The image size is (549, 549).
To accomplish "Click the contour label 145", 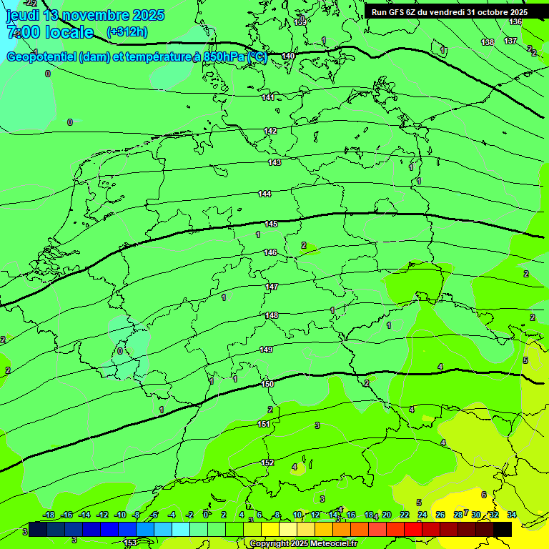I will pos(271,224).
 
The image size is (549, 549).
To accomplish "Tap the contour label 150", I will pos(267,384).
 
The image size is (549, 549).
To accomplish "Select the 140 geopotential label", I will pos(288,56).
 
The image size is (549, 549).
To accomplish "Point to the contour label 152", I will pos(267,463).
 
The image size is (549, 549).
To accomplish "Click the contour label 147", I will pos(272,287).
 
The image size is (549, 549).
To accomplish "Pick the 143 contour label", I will pos(274,162).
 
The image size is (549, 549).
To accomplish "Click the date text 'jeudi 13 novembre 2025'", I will pos(84,15).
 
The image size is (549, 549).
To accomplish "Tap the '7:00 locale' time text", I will pos(49,32).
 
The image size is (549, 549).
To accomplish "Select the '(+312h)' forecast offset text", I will pos(127,32).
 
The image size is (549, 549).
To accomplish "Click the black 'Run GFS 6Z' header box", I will pos(449,12).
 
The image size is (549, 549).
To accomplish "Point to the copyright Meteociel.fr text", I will pos(302,543).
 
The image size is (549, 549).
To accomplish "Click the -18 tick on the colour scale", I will pos(49,515).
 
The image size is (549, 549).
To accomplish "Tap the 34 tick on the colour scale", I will pos(511,515).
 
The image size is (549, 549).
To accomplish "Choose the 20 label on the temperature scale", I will pos(386,515).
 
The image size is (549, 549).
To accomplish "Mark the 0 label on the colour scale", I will pos(206,515).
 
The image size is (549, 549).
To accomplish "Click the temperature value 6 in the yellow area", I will pos(484,495).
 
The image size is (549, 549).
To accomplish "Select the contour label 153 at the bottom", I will pos(130,543).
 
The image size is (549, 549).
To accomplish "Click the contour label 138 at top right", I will pos(488,43).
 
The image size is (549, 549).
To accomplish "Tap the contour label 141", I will pos(268,97).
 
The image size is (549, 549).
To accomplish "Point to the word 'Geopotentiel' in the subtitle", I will pos(41,57).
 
